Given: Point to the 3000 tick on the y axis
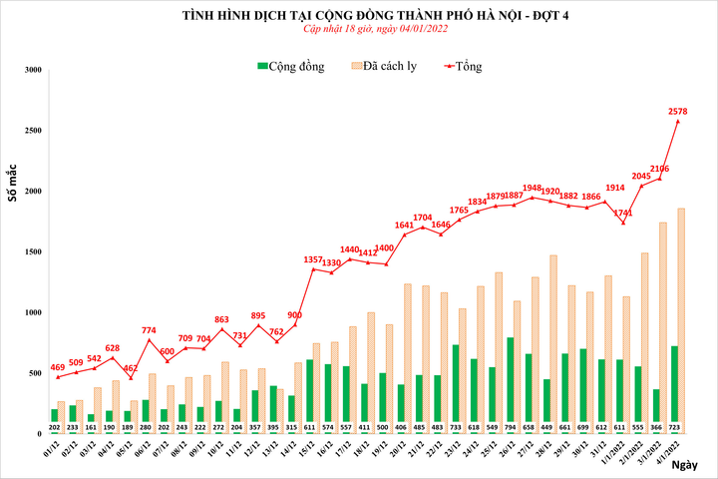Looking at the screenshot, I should [x=34, y=70].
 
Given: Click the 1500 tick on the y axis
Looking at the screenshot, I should [x=34, y=252].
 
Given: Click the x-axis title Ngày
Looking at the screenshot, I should [x=684, y=465].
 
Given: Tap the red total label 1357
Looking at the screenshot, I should [x=313, y=259].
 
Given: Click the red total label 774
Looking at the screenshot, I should [x=149, y=330].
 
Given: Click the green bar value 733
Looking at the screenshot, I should [x=456, y=426].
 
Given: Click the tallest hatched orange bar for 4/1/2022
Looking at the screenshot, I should [x=680, y=319].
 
